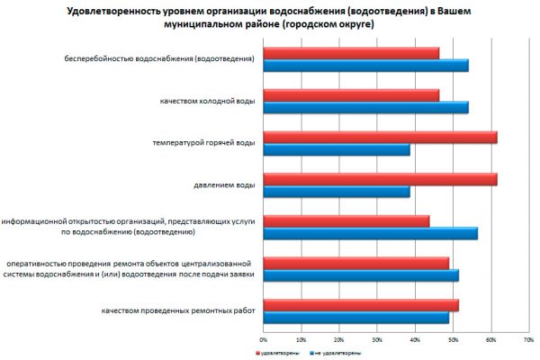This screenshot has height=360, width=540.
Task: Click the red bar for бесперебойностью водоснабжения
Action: pyautogui.click(x=351, y=53)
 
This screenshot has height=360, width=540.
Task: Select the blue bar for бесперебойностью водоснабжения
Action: pyautogui.click(x=365, y=65)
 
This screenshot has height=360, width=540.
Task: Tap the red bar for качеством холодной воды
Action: pyautogui.click(x=351, y=95)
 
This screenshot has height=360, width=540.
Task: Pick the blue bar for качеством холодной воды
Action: pyautogui.click(x=365, y=107)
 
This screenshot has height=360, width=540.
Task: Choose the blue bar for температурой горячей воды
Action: pyautogui.click(x=337, y=149)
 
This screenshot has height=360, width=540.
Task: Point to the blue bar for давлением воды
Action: pyautogui.click(x=337, y=192)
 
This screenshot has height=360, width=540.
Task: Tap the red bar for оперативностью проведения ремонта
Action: pyautogui.click(x=355, y=263)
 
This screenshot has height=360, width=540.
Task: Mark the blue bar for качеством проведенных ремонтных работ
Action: pyautogui.click(x=355, y=318)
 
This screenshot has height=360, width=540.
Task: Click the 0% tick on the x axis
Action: pyautogui.click(x=263, y=339)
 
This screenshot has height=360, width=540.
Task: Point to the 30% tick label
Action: pyautogui.click(x=376, y=339)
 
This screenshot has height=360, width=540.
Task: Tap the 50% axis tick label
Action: pyautogui.click(x=452, y=339)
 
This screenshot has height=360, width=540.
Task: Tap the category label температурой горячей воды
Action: pyautogui.click(x=206, y=143)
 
